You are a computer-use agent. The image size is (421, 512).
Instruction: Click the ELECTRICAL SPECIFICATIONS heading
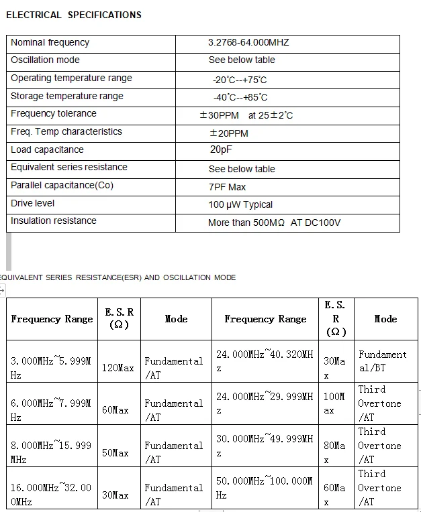tap(73, 15)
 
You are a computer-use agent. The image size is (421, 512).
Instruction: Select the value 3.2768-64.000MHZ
tap(248, 42)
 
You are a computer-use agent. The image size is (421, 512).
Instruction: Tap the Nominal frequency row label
tap(50, 42)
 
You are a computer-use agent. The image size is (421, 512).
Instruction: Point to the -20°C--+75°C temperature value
tap(239, 80)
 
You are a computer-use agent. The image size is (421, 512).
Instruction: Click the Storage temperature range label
tap(67, 96)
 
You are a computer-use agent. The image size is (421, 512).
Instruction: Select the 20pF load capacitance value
tap(220, 149)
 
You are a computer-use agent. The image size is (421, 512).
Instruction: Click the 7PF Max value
tap(227, 187)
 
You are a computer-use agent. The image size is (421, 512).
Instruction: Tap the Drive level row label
tap(33, 203)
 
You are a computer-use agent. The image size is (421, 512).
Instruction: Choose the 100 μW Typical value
tap(240, 204)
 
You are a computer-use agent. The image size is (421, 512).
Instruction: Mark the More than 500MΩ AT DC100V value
tap(274, 222)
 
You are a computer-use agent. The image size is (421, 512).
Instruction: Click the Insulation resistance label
tap(54, 220)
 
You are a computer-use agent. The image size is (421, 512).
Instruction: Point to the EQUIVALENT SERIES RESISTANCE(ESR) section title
tap(118, 277)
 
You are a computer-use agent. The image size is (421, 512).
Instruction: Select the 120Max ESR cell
tap(118, 368)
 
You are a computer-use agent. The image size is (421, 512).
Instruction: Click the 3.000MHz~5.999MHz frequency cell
tap(50, 368)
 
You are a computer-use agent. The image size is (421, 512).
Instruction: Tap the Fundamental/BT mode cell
tap(382, 361)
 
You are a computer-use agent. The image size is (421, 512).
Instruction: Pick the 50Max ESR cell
tap(115, 453)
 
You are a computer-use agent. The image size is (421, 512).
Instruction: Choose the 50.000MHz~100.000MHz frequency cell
tap(264, 488)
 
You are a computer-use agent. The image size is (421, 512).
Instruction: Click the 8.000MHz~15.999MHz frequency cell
tap(50, 452)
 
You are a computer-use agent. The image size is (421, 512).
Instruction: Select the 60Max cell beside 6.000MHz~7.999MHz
tap(115, 409)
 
